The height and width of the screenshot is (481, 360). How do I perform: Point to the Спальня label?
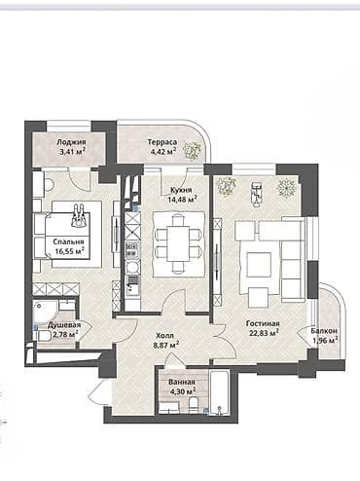pos(68,240)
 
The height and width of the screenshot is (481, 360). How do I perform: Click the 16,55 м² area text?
pos(68,250)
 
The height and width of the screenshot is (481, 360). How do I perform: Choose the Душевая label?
pos(65,325)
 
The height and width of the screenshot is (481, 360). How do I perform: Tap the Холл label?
pos(164,334)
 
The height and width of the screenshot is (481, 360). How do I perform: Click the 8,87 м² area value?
pos(164,344)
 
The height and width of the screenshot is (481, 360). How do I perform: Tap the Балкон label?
pos(324,331)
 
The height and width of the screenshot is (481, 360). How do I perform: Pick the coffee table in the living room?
pos(259,264)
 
